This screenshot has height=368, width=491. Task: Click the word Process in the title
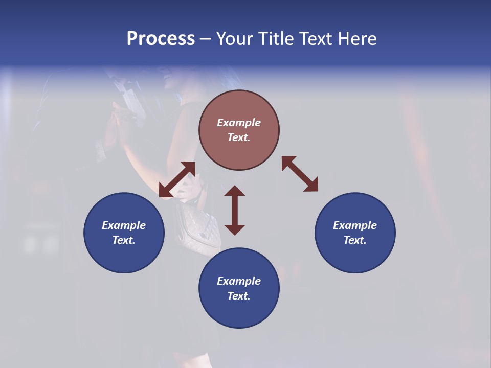161,39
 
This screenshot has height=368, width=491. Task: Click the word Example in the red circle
239,123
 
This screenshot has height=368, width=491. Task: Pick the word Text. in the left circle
124,240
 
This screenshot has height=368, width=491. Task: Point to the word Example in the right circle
355,225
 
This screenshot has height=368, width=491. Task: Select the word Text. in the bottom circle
239,296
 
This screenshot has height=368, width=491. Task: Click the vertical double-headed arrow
235,210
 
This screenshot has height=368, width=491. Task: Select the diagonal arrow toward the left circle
177,179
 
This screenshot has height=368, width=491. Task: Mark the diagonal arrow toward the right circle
300,174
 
